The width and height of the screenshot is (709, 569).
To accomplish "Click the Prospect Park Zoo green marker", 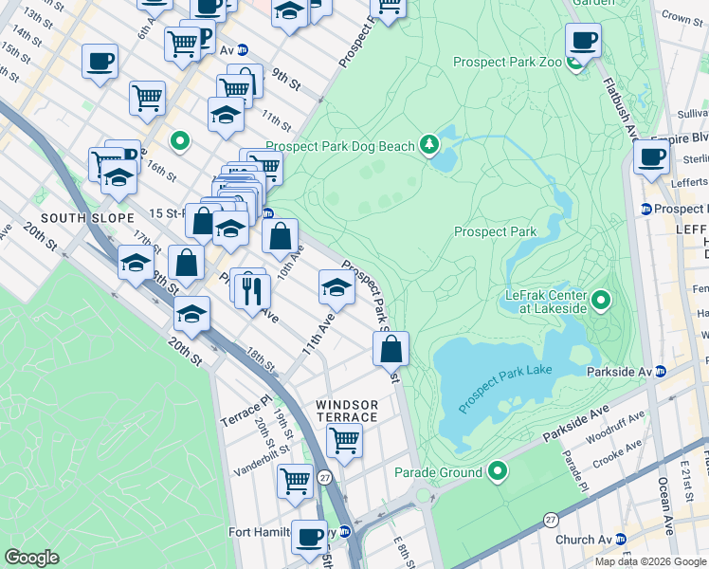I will click(x=574, y=64).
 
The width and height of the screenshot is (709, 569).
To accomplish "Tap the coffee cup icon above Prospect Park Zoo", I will click(x=583, y=41).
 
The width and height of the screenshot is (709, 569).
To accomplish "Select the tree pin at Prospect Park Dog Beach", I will click(x=430, y=144).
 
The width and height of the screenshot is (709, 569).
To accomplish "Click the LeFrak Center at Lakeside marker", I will click(x=601, y=303).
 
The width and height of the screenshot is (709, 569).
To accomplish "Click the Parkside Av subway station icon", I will click(x=660, y=371).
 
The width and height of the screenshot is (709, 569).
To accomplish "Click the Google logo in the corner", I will click(x=31, y=558).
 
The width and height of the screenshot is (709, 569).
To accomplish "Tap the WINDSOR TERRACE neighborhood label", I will click(x=347, y=412).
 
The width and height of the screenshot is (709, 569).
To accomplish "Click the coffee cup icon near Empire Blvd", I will click(x=650, y=157).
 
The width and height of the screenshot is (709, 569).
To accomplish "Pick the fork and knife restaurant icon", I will click(x=251, y=289).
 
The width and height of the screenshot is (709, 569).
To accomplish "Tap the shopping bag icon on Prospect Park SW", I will click(x=391, y=349).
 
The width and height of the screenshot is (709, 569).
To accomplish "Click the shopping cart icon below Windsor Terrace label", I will click(x=344, y=440).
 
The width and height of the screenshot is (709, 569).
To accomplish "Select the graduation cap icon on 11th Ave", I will click(x=336, y=286).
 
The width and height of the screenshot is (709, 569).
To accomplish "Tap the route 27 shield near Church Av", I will click(x=551, y=520).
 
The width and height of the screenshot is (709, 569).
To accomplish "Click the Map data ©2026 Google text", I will click(x=649, y=561).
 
